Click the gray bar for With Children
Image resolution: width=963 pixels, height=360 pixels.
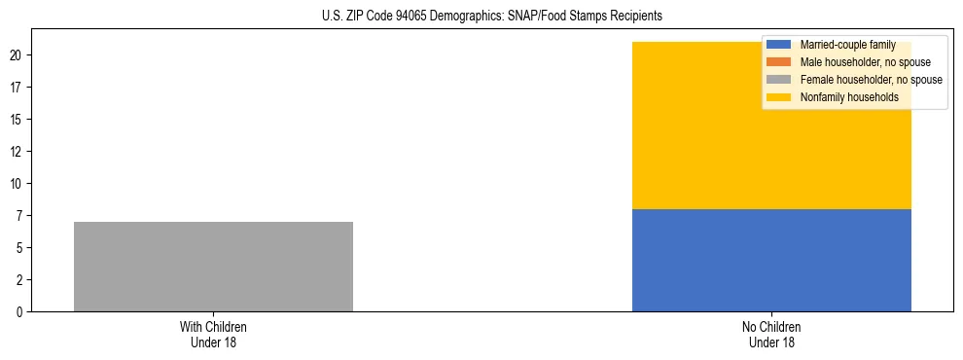coord(213,267)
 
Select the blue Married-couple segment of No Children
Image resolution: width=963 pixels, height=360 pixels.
coord(771,260)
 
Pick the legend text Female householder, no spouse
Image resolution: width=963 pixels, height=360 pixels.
coord(871,80)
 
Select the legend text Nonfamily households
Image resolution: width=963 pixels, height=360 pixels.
coord(849,97)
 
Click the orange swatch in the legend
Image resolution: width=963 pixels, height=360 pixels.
coord(780,62)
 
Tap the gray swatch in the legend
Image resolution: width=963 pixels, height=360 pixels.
coord(780,80)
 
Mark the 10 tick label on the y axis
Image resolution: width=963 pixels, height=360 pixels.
coord(16,184)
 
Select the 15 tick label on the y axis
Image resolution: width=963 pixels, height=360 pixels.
coord(16,120)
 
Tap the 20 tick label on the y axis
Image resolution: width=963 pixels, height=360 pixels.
coord(16,55)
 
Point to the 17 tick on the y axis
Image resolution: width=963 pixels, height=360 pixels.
coord(16,88)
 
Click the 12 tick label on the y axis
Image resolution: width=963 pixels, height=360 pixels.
coord(16,152)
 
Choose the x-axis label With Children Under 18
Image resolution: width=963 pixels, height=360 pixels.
coord(213,335)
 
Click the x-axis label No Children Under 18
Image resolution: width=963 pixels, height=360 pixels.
coord(771,335)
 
